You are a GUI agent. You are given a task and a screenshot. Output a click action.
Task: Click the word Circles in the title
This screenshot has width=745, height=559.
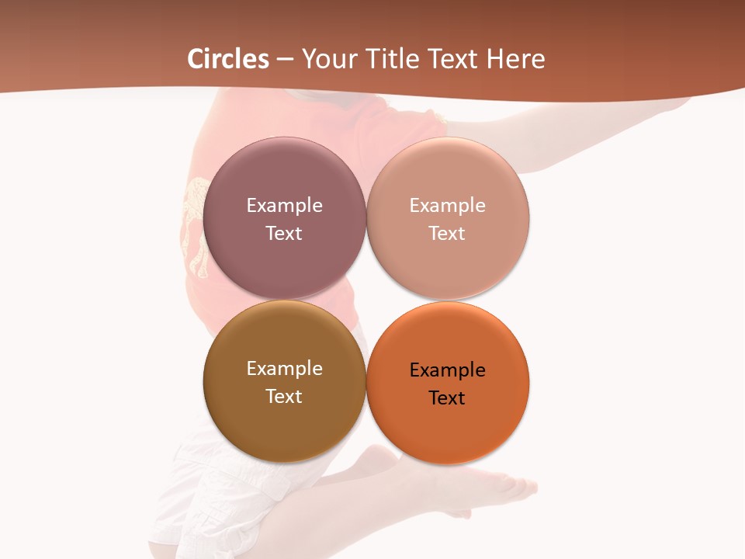228,59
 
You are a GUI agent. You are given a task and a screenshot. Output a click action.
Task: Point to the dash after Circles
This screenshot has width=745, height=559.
285,60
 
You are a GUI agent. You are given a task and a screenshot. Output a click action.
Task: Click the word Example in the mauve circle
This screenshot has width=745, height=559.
284,205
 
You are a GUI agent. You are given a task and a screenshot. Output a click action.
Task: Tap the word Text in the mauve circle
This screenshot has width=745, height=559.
284,233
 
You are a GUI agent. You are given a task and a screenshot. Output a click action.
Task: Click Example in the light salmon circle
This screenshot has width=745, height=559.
448,205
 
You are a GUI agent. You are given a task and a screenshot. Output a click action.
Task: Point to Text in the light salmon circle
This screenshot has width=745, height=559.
447,233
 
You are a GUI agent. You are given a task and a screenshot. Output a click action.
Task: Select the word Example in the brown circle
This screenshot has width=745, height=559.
284,368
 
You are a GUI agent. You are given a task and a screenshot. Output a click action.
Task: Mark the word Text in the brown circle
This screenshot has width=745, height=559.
284,396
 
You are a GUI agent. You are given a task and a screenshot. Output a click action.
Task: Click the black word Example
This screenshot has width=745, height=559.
448,370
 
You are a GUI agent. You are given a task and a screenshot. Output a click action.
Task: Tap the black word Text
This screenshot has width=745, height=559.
447,398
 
